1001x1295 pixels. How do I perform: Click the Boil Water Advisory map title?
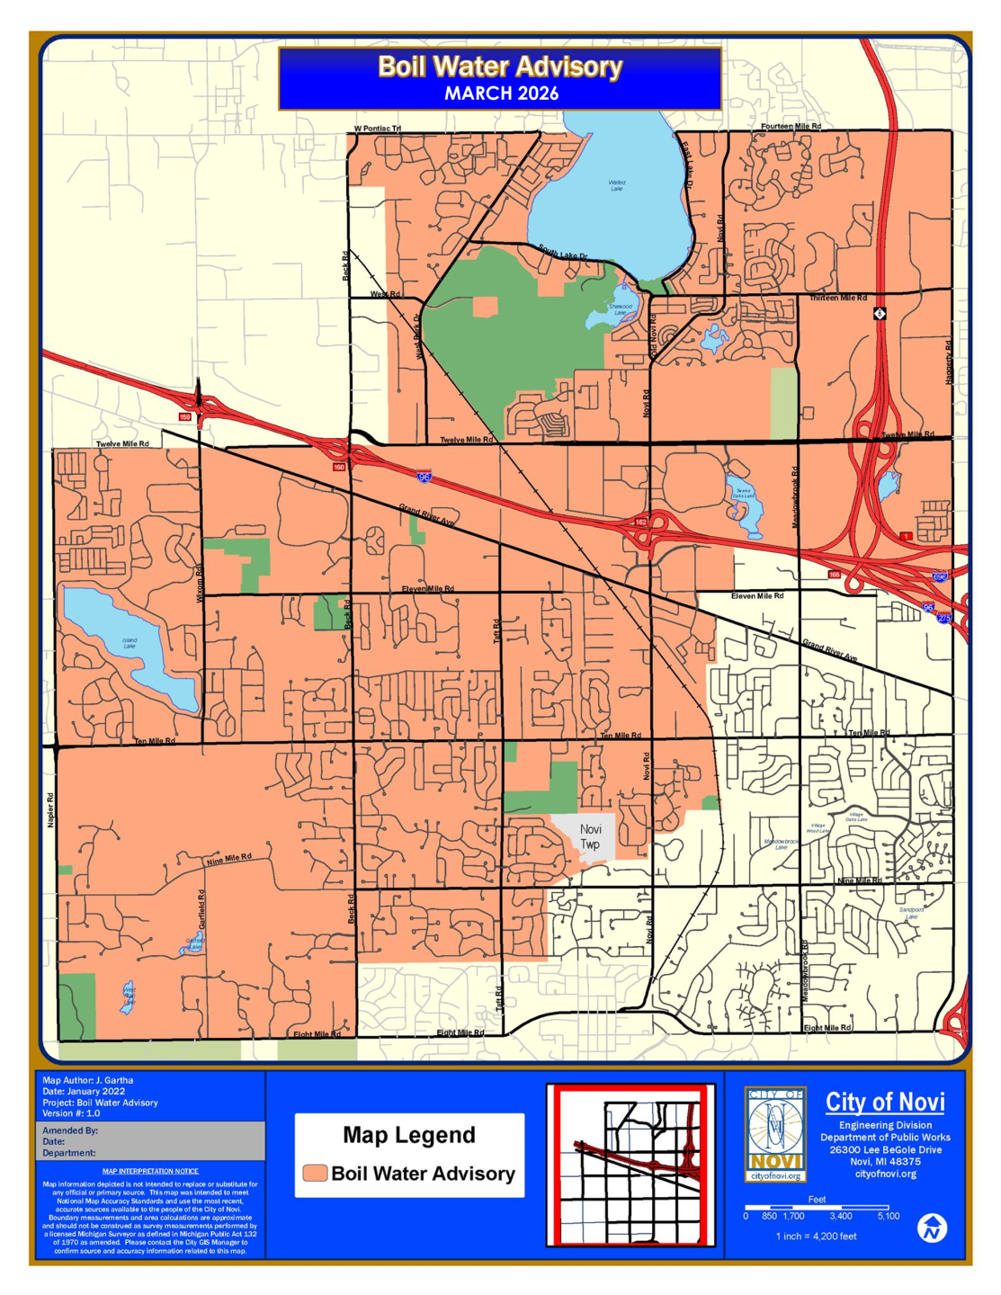pos(500,67)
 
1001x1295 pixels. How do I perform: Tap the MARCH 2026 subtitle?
pos(501,94)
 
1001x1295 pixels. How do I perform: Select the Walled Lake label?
pos(616,185)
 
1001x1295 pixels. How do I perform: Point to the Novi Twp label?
pos(590,836)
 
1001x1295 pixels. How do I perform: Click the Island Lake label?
pos(130,643)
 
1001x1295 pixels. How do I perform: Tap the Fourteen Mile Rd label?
pos(791,127)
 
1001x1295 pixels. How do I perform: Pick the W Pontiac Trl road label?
pos(377,129)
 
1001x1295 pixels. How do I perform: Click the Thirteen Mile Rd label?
pos(837,298)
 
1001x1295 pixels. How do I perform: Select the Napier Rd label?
pos(50,809)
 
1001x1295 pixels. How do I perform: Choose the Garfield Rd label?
pos(201,908)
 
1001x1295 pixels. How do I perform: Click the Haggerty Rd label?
pos(948,362)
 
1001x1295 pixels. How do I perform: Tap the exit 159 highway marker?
pos(185,417)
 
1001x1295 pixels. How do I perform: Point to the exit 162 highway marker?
pos(640,522)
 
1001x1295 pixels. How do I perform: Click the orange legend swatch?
pos(315,1173)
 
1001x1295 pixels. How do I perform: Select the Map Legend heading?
pos(409,1135)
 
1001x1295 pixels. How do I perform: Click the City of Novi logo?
pos(775,1134)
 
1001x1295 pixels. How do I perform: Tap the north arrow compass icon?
pos(933,1228)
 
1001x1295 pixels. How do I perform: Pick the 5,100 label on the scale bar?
pos(888,1216)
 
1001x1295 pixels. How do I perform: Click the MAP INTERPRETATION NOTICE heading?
pos(150,1171)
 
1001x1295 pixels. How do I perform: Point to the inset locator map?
pos(630,1165)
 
